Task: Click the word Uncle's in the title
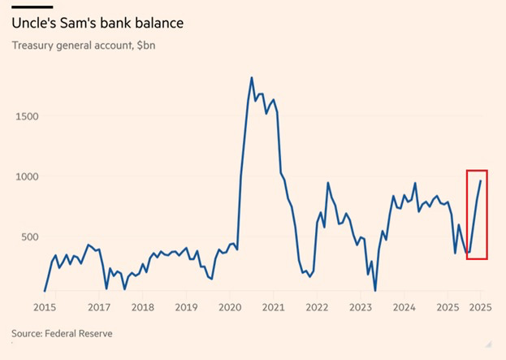tap(33, 23)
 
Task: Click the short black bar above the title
tap(32, 7)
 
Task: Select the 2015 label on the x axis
tap(45, 307)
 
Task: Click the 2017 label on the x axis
tap(98, 307)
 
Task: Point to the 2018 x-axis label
tap(142, 307)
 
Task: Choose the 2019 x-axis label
tap(186, 307)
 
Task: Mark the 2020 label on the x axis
tap(230, 307)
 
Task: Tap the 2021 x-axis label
tap(274, 307)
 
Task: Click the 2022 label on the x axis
tap(318, 307)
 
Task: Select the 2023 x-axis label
tap(361, 307)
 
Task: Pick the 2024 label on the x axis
tap(404, 307)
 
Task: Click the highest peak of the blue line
tap(251, 78)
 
